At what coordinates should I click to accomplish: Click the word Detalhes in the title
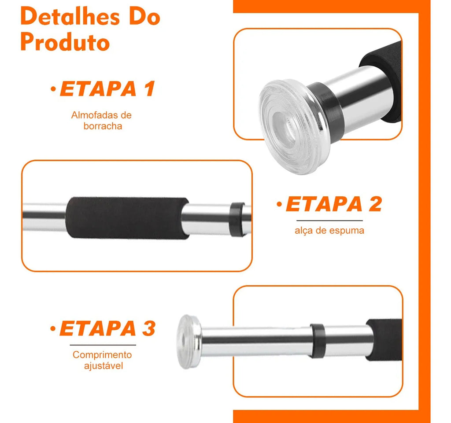click(x=70, y=17)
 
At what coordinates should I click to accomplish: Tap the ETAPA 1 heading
click(x=107, y=88)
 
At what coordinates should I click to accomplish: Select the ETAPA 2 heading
click(x=334, y=204)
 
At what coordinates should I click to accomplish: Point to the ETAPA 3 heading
click(x=107, y=328)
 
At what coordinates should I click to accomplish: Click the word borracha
click(x=103, y=126)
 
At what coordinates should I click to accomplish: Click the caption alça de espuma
click(x=329, y=231)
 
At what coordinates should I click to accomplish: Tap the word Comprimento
click(x=102, y=355)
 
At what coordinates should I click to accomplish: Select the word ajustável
click(x=104, y=366)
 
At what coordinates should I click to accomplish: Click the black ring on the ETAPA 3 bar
click(x=318, y=341)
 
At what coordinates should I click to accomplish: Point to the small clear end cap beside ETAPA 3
click(x=189, y=342)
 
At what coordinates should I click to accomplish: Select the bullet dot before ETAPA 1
click(x=53, y=89)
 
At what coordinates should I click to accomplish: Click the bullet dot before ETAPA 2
click(x=279, y=204)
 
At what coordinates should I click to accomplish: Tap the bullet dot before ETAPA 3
click(x=53, y=328)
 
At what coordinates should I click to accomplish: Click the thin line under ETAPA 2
click(x=329, y=221)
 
